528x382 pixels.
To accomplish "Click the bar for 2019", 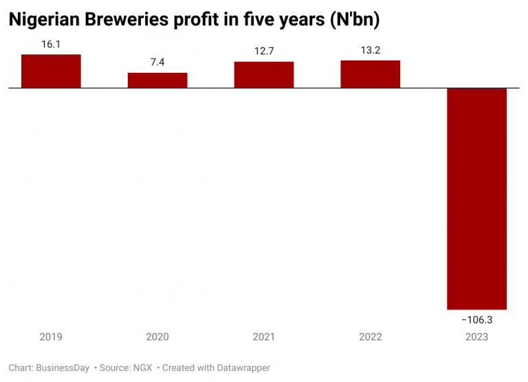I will [x=51, y=71].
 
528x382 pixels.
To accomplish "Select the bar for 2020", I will [x=157, y=80].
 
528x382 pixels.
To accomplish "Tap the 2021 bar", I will [x=264, y=75].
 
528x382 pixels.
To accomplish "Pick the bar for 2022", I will [x=371, y=74].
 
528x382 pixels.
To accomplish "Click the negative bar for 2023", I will [x=477, y=199].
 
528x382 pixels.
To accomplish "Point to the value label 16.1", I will [x=51, y=43].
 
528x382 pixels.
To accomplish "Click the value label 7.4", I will [x=157, y=62].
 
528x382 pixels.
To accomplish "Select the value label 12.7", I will [x=264, y=50].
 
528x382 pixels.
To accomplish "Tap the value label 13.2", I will [x=371, y=49].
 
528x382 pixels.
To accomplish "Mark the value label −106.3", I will [x=477, y=319].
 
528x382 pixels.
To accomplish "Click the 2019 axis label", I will [x=51, y=337].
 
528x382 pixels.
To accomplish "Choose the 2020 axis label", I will [x=157, y=337].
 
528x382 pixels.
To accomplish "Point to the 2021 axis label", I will [x=264, y=337].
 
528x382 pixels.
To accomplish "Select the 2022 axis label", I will [x=371, y=337].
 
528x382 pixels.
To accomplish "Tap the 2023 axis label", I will [x=477, y=337].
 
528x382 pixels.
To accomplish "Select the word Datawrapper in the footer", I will [x=236, y=368].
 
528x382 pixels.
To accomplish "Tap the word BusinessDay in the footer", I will [x=63, y=368].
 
